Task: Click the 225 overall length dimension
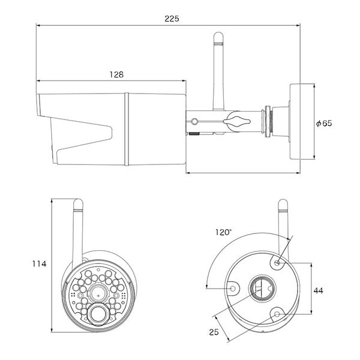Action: (172, 19)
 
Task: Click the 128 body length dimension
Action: (116, 74)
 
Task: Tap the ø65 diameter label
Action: (324, 123)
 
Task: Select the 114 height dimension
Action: (39, 264)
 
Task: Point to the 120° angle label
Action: (223, 232)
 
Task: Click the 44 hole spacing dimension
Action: (318, 290)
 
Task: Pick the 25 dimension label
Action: (214, 332)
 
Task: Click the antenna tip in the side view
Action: (218, 33)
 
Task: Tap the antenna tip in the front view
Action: (78, 200)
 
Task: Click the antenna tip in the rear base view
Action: (283, 200)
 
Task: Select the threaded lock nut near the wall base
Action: (268, 121)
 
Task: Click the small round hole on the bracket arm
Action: (194, 121)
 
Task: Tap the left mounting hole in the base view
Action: (233, 288)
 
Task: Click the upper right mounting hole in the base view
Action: (277, 263)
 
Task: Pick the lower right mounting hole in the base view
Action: (277, 314)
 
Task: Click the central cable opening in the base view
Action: (262, 289)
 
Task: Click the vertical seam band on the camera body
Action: (127, 129)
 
